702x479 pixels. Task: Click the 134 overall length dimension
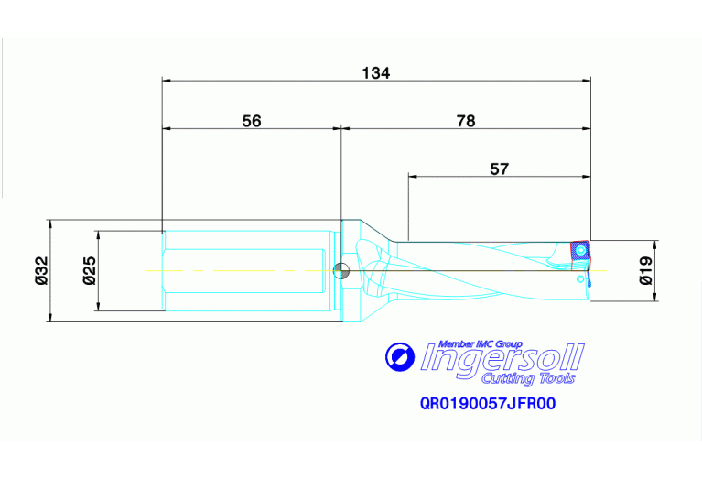(x=375, y=73)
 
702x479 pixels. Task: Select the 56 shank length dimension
(x=252, y=121)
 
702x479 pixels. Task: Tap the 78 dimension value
(x=466, y=121)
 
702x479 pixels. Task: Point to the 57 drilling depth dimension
(x=499, y=168)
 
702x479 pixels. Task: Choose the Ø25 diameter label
(x=89, y=271)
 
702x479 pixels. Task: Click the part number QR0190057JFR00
(x=488, y=402)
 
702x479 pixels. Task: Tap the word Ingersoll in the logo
(x=502, y=358)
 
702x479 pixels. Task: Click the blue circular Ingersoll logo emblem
(x=400, y=356)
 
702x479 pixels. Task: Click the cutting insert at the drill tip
(x=580, y=250)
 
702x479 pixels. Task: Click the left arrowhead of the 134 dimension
(x=167, y=81)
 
